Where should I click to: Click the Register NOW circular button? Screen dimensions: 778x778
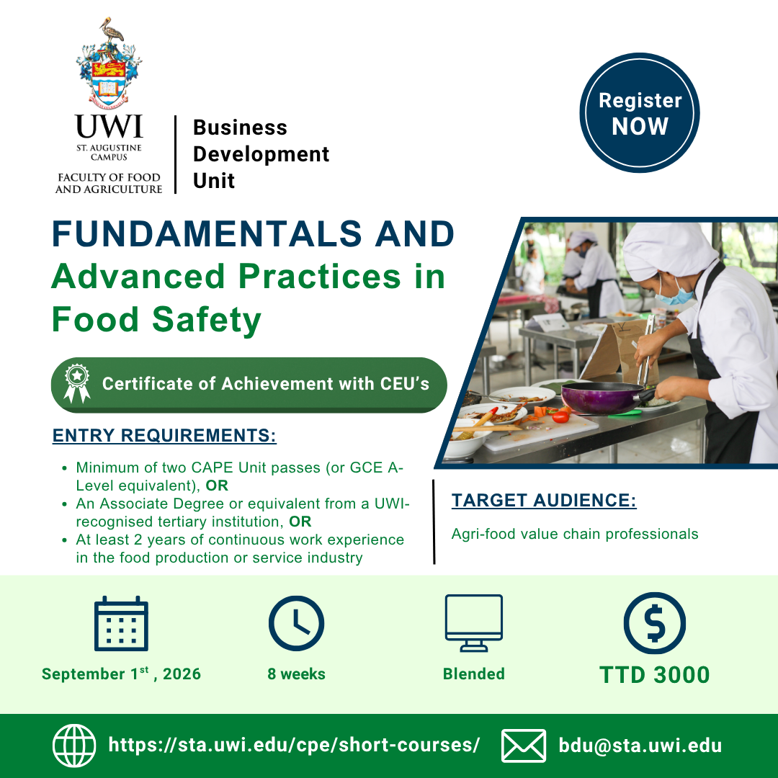(x=640, y=112)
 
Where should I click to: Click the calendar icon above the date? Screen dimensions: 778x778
(x=121, y=623)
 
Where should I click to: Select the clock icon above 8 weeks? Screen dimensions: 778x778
(x=296, y=623)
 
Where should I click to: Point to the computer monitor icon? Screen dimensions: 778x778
(x=474, y=623)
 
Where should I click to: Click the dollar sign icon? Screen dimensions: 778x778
(x=654, y=622)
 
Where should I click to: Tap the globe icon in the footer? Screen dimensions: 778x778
(x=74, y=746)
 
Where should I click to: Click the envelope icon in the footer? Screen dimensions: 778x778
(x=524, y=746)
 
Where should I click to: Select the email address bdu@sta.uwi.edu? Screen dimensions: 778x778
(x=640, y=746)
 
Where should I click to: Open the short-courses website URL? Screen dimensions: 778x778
(x=294, y=746)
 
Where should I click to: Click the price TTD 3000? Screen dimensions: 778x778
(x=654, y=675)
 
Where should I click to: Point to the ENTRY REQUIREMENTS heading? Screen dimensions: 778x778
(x=164, y=435)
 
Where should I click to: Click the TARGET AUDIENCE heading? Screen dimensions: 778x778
(x=544, y=500)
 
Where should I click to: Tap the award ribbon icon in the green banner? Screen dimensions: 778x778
(x=77, y=383)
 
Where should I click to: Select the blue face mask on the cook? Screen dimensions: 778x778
(x=674, y=294)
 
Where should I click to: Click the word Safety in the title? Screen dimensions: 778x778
(x=207, y=321)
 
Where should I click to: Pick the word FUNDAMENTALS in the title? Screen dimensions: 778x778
(x=207, y=233)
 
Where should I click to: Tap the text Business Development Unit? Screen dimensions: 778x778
(x=261, y=154)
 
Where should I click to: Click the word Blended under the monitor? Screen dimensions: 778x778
(x=474, y=674)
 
